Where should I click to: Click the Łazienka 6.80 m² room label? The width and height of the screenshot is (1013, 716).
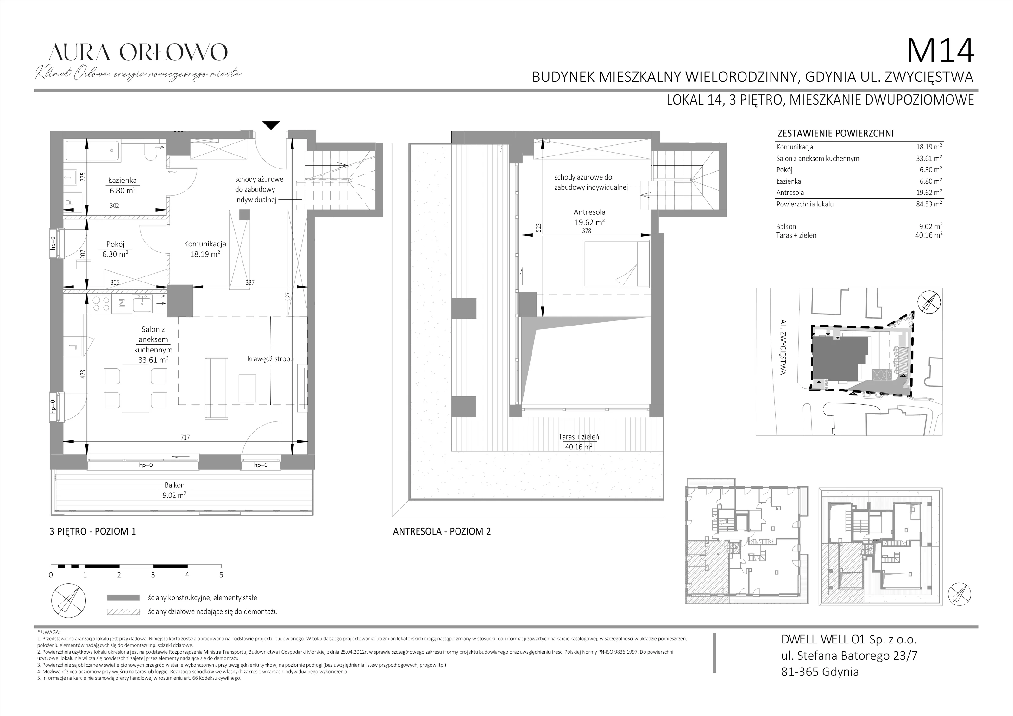coord(123,185)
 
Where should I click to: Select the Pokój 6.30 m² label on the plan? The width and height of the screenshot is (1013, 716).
coord(115,249)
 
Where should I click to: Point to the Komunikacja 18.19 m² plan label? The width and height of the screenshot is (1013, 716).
coord(205,249)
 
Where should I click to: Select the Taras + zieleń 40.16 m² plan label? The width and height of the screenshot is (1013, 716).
coord(578,441)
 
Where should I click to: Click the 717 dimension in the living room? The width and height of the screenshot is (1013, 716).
coord(185,437)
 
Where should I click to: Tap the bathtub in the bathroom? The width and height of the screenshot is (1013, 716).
coord(92,151)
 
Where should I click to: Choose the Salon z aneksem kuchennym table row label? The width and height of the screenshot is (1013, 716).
coord(818,158)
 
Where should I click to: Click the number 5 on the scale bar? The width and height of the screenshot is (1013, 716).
coord(221,575)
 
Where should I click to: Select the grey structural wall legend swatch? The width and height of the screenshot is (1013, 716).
coord(123,598)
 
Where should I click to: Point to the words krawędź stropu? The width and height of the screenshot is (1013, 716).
coord(270,359)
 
